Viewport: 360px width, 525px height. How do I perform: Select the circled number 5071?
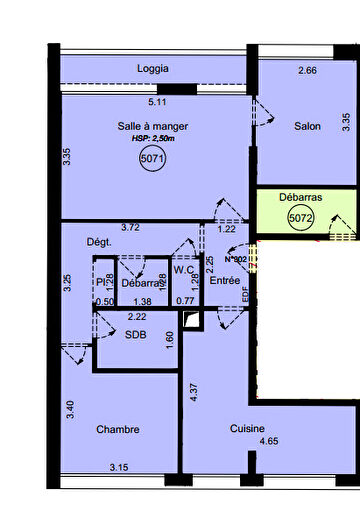point(152,159)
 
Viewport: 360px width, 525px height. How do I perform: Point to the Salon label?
point(307,127)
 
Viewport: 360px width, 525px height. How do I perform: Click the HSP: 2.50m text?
point(152,139)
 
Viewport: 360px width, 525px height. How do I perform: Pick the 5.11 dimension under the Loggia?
point(157,102)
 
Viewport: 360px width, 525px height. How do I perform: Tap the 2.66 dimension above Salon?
point(308,71)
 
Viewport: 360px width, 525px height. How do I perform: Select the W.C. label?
point(184,270)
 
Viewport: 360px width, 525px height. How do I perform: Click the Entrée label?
point(224,281)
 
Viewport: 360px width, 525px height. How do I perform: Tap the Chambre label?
point(117,430)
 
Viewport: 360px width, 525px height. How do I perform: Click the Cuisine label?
point(247,428)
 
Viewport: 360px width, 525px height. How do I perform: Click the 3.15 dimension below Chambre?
point(120,466)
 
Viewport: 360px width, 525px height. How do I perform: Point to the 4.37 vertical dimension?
point(195,393)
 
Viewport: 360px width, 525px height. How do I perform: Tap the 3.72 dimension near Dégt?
point(130,228)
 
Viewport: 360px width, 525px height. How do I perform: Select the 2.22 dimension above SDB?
point(137,317)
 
